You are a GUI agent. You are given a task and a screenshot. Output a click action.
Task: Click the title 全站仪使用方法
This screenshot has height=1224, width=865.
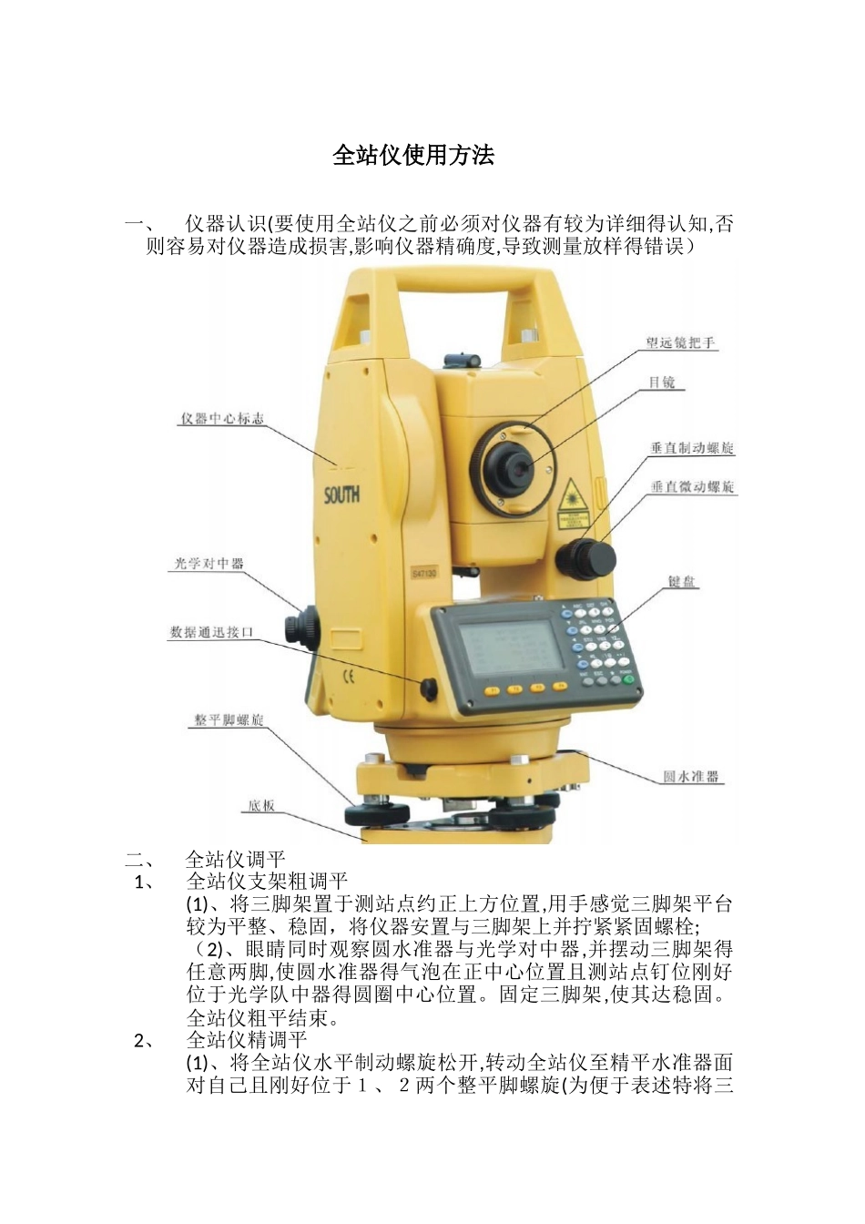pos(413,156)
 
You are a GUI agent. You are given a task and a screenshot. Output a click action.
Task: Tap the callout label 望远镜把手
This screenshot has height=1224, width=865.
pos(680,343)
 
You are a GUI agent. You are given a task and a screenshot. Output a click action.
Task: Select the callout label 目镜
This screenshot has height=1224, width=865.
pos(662,382)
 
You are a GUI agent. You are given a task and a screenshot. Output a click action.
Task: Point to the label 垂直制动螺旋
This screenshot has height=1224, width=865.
pos(692,448)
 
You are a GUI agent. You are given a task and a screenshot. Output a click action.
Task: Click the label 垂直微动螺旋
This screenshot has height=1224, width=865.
pos(693,487)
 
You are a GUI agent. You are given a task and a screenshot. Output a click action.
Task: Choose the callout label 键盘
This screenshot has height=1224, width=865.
pos(682,581)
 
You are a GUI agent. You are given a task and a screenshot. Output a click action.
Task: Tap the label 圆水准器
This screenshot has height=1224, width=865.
pos(691,777)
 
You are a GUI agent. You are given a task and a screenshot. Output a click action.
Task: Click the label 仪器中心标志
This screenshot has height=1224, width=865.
pos(222,419)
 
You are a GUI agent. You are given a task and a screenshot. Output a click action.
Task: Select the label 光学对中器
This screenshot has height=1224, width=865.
pos(209,564)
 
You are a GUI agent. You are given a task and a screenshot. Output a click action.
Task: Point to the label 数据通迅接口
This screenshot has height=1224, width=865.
pos(211,632)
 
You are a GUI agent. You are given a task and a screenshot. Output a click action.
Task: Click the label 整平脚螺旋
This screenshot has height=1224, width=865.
pos(228,720)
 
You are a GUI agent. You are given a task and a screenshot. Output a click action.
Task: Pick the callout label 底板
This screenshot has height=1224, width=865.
pos(261,806)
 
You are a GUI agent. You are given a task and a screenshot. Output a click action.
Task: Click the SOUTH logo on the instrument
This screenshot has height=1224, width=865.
pos(341,495)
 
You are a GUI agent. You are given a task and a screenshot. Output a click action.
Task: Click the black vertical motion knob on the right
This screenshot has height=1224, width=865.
pos(590,556)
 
